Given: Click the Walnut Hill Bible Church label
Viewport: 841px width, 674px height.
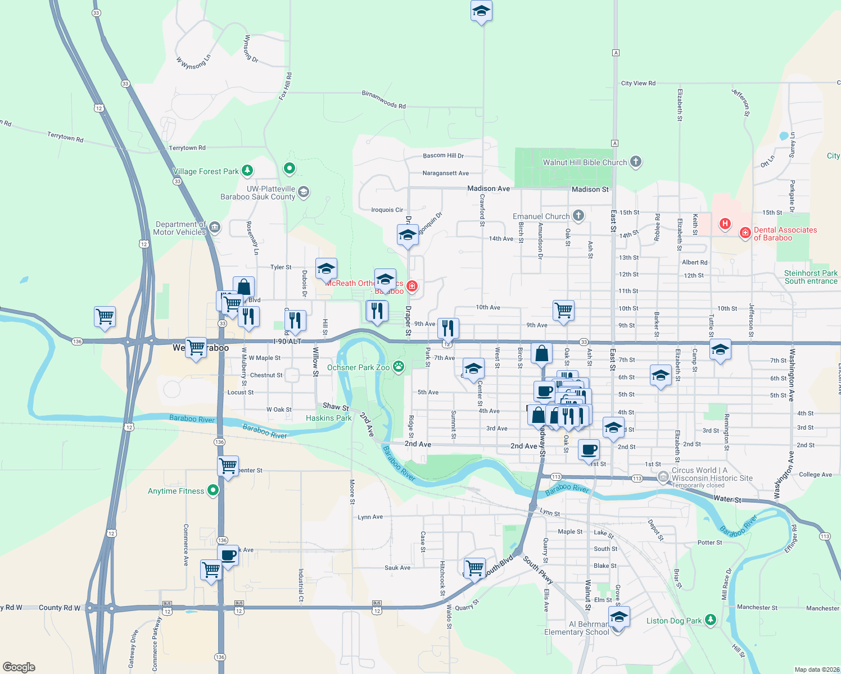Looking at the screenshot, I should [x=585, y=163].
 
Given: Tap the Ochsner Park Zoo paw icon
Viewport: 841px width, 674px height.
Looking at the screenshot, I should [x=399, y=367].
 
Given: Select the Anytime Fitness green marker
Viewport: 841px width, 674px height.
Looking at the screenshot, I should [x=212, y=491].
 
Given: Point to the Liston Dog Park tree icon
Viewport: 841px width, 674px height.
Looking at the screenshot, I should [x=711, y=620].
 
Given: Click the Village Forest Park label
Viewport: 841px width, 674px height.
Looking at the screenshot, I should [x=206, y=171].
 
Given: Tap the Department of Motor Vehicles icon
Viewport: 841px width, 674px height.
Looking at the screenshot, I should [x=215, y=227].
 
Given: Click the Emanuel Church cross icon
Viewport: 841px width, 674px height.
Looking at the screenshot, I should [x=578, y=216].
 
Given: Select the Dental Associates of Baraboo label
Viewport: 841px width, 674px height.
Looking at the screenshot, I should [x=785, y=234].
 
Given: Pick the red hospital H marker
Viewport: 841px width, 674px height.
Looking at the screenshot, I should [x=725, y=224].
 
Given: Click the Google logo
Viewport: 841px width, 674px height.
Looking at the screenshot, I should [x=19, y=667].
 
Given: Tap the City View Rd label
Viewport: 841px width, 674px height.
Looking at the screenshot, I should [x=638, y=83].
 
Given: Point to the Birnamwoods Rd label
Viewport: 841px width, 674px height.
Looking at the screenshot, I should [x=384, y=100].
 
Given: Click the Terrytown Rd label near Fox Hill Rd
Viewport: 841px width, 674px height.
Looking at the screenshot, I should [x=187, y=148].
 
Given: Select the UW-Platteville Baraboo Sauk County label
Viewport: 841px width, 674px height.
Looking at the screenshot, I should [x=258, y=193].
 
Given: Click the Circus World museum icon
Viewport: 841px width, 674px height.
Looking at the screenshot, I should [x=663, y=476].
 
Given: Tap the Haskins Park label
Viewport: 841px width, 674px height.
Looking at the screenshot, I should [x=328, y=418].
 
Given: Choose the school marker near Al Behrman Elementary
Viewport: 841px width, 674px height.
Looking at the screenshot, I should [x=618, y=617].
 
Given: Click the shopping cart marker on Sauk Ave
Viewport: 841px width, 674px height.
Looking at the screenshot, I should [x=474, y=568].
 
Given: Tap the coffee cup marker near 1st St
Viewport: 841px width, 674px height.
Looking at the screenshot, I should [x=589, y=449].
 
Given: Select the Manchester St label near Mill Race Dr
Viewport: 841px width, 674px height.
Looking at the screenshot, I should [x=757, y=608].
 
